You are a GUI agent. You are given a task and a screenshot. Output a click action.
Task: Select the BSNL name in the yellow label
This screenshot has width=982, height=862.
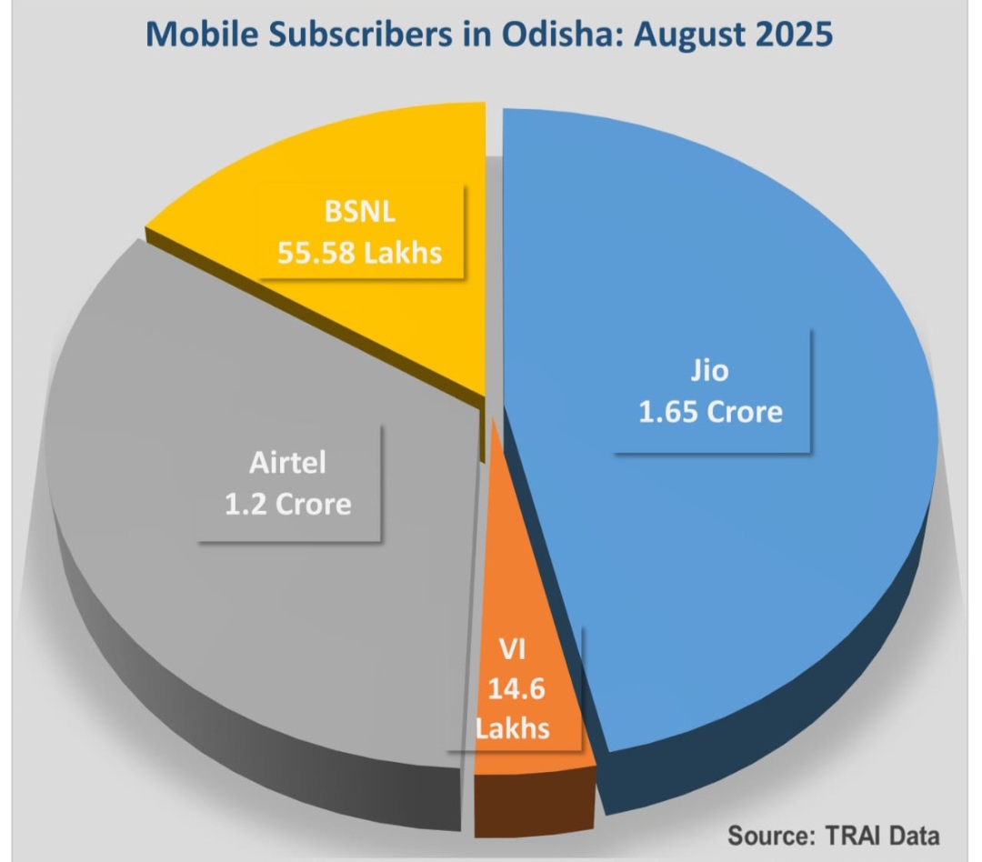click(x=360, y=214)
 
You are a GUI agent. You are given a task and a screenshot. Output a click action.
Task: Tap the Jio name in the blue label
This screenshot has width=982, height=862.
click(x=710, y=372)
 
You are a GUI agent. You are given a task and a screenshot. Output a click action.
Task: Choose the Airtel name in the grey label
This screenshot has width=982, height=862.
click(x=287, y=462)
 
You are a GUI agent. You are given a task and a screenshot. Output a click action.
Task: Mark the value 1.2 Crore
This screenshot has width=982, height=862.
click(x=287, y=503)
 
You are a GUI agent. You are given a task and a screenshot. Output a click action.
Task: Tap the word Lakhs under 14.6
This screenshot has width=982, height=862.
click(x=516, y=728)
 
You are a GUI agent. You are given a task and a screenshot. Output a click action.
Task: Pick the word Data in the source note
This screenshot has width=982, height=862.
click(x=913, y=835)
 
